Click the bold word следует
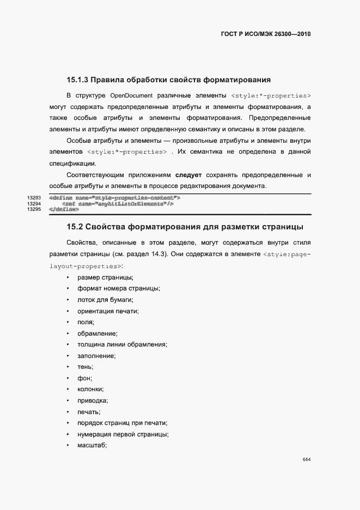[x=188, y=175]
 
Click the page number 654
[x=307, y=460]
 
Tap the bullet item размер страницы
[x=101, y=278]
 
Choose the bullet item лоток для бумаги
[x=106, y=300]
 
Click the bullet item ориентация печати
[x=108, y=311]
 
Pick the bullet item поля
[x=86, y=323]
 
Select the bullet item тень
[x=86, y=367]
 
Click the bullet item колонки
[x=90, y=389]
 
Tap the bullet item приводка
[x=93, y=400]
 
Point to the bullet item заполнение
[x=96, y=356]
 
